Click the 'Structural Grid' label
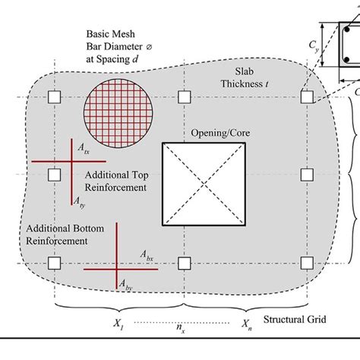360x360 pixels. (295, 320)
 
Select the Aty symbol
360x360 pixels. (79, 202)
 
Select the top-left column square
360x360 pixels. (54, 97)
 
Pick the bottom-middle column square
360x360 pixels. (182, 263)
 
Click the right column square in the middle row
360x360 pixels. (307, 175)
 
